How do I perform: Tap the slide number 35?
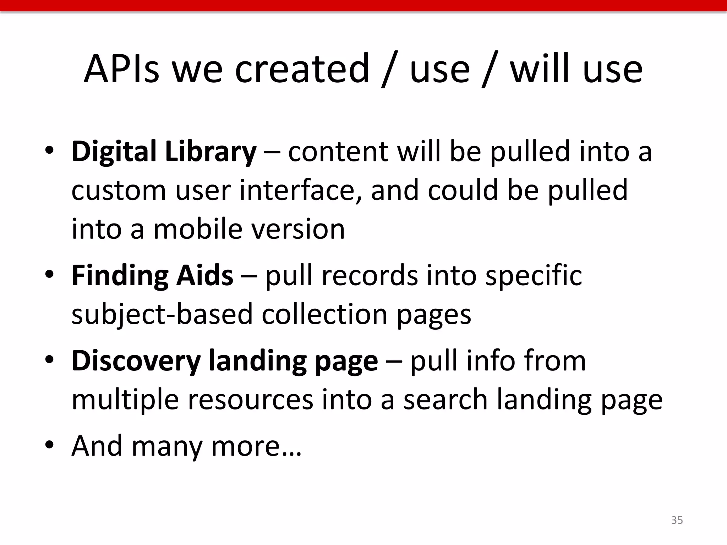[677, 520]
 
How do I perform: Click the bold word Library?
[211, 152]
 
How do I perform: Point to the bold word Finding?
[120, 276]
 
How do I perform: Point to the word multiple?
[125, 400]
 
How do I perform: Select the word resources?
[250, 400]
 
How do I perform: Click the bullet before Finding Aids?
[49, 274]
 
